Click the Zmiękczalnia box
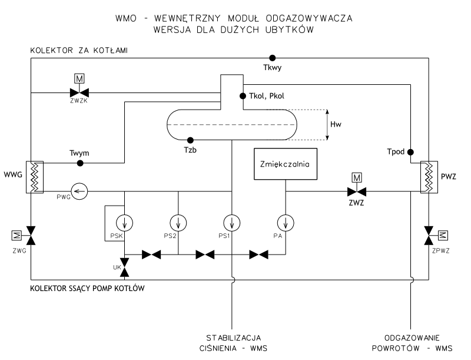(285, 164)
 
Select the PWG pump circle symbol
(78, 190)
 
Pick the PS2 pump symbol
(178, 223)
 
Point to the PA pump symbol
(285, 223)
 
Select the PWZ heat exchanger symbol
(428, 176)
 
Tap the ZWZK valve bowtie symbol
(78, 92)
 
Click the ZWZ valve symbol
(356, 190)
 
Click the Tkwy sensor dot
(272, 58)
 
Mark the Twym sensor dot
(81, 163)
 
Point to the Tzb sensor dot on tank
(190, 140)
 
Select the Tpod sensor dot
(411, 150)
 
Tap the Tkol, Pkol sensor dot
(242, 95)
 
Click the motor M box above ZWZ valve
(356, 176)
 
